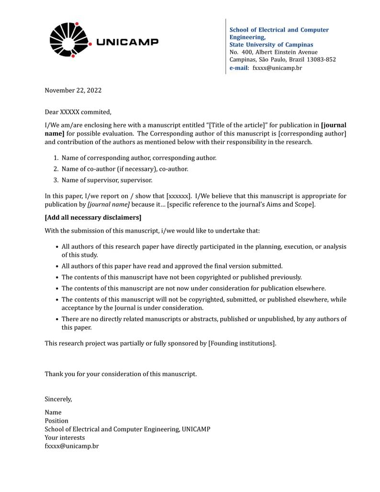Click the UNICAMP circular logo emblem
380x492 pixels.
point(70,40)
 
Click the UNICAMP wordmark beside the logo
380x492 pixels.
point(127,42)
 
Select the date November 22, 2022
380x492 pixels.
point(73,90)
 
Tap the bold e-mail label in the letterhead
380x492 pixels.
point(239,68)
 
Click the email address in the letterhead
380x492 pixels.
point(277,68)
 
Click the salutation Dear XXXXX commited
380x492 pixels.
point(78,112)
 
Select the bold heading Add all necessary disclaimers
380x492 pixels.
point(93,218)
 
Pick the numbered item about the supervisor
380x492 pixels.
point(107,180)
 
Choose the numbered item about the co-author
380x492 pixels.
point(124,169)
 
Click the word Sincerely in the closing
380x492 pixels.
point(58,399)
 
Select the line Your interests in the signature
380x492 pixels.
point(65,437)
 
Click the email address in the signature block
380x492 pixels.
point(72,446)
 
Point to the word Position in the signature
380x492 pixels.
point(56,421)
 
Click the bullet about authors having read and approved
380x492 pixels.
point(172,266)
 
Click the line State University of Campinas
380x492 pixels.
point(271,45)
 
